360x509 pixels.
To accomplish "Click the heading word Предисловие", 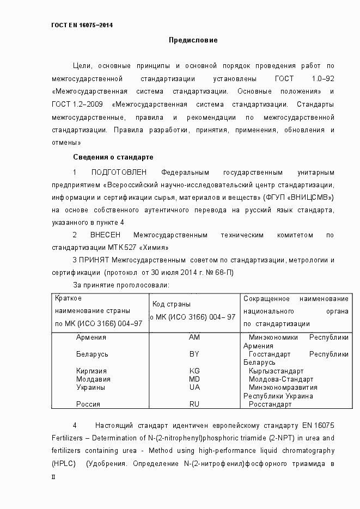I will pyautogui.click(x=193, y=40).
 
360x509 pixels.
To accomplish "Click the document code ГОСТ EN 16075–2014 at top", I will pyautogui.click(x=82, y=26).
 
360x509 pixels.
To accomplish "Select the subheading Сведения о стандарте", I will pyautogui.click(x=113, y=157).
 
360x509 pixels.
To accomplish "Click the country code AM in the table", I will pyautogui.click(x=194, y=338).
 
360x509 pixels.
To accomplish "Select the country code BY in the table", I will pyautogui.click(x=194, y=354).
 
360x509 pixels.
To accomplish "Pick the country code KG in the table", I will pyautogui.click(x=194, y=371).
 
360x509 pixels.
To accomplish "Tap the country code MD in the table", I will pyautogui.click(x=194, y=379).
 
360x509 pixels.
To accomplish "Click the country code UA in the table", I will pyautogui.click(x=194, y=388).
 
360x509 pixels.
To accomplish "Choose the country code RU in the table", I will pyautogui.click(x=194, y=404).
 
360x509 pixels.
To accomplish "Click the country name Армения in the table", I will pyautogui.click(x=91, y=338).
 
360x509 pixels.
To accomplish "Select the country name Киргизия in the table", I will pyautogui.click(x=92, y=371).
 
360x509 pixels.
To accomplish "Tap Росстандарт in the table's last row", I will pyautogui.click(x=270, y=404).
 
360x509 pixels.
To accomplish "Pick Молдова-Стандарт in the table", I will pyautogui.click(x=281, y=379).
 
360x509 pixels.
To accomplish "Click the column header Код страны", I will pyautogui.click(x=171, y=304).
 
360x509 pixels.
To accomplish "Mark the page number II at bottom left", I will pyautogui.click(x=53, y=476).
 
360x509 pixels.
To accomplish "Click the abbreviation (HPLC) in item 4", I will pyautogui.click(x=64, y=464).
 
